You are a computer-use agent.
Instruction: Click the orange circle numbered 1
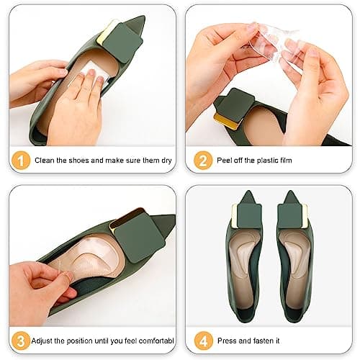21,161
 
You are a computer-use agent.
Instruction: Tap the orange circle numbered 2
203,161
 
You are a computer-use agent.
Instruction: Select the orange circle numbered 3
21,341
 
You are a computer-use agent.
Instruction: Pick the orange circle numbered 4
204,341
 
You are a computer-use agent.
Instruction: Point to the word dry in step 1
166,161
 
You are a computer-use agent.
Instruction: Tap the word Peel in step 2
224,161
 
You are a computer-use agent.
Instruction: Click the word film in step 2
286,161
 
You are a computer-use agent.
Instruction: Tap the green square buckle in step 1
122,43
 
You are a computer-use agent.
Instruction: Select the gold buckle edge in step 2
225,122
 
